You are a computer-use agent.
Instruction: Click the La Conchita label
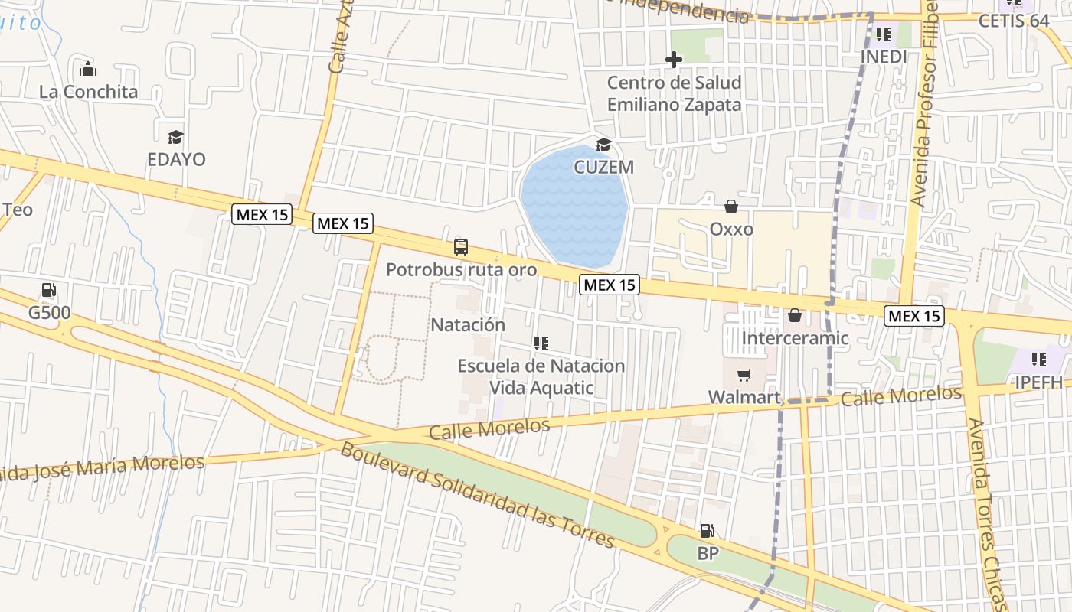tap(89, 92)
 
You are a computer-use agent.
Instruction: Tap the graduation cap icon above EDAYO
tap(176, 137)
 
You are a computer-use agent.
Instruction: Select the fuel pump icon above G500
tap(49, 291)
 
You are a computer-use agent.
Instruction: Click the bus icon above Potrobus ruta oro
tap(461, 247)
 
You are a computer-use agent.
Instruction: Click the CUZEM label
tap(604, 167)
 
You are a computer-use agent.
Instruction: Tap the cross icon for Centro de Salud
tap(674, 59)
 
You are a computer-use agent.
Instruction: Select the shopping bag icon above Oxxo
tap(731, 207)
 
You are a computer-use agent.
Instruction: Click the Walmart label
tap(744, 396)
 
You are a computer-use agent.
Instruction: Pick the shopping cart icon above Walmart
tap(744, 375)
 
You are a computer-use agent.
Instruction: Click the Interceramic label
tap(796, 338)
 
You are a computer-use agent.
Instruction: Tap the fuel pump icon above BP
tap(707, 530)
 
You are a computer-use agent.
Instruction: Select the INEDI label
tap(884, 57)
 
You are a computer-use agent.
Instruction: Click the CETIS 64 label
tap(1014, 21)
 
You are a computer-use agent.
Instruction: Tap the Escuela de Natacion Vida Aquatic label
tap(541, 376)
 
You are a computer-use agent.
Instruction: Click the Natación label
tap(468, 324)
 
